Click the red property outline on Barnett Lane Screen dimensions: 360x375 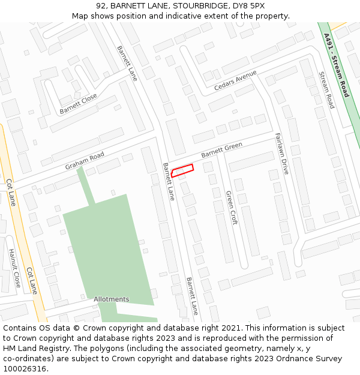[182, 170]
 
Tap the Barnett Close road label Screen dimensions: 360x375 [78, 104]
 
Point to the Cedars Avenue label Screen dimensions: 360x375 [235, 81]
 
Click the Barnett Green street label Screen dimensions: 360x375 [221, 150]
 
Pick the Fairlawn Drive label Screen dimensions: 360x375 [281, 153]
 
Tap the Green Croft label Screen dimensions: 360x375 [232, 207]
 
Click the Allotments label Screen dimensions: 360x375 [111, 299]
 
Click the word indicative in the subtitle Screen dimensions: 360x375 [183, 16]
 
